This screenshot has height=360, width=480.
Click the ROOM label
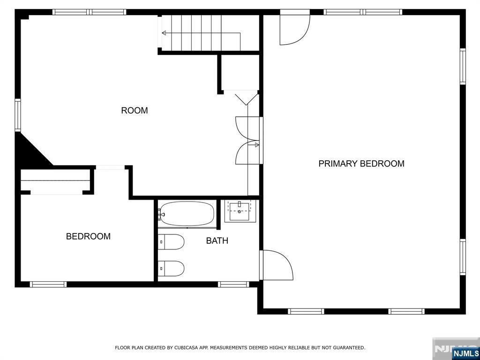pos(135,111)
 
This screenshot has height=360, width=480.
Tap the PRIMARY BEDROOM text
pos(361,164)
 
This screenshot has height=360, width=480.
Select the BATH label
pos(217,240)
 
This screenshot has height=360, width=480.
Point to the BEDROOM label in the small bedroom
pos(88,236)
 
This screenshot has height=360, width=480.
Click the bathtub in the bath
pos(187,214)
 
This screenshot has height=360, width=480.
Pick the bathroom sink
pos(240,211)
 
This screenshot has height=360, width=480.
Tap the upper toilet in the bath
pos(171,242)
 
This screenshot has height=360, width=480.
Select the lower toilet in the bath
pos(171,269)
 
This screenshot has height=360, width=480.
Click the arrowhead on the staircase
pos(164,33)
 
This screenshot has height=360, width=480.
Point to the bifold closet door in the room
pos(247,99)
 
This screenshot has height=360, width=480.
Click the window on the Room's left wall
pos(18,115)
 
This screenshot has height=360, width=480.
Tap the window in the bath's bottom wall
pos(233,285)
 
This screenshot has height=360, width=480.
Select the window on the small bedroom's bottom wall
pos(48,285)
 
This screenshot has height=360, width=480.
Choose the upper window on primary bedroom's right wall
pos(463,67)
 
